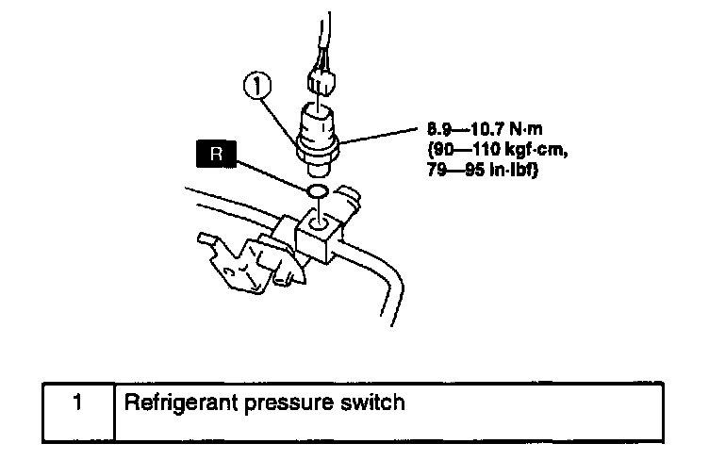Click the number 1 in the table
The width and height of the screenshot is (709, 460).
(x=78, y=402)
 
